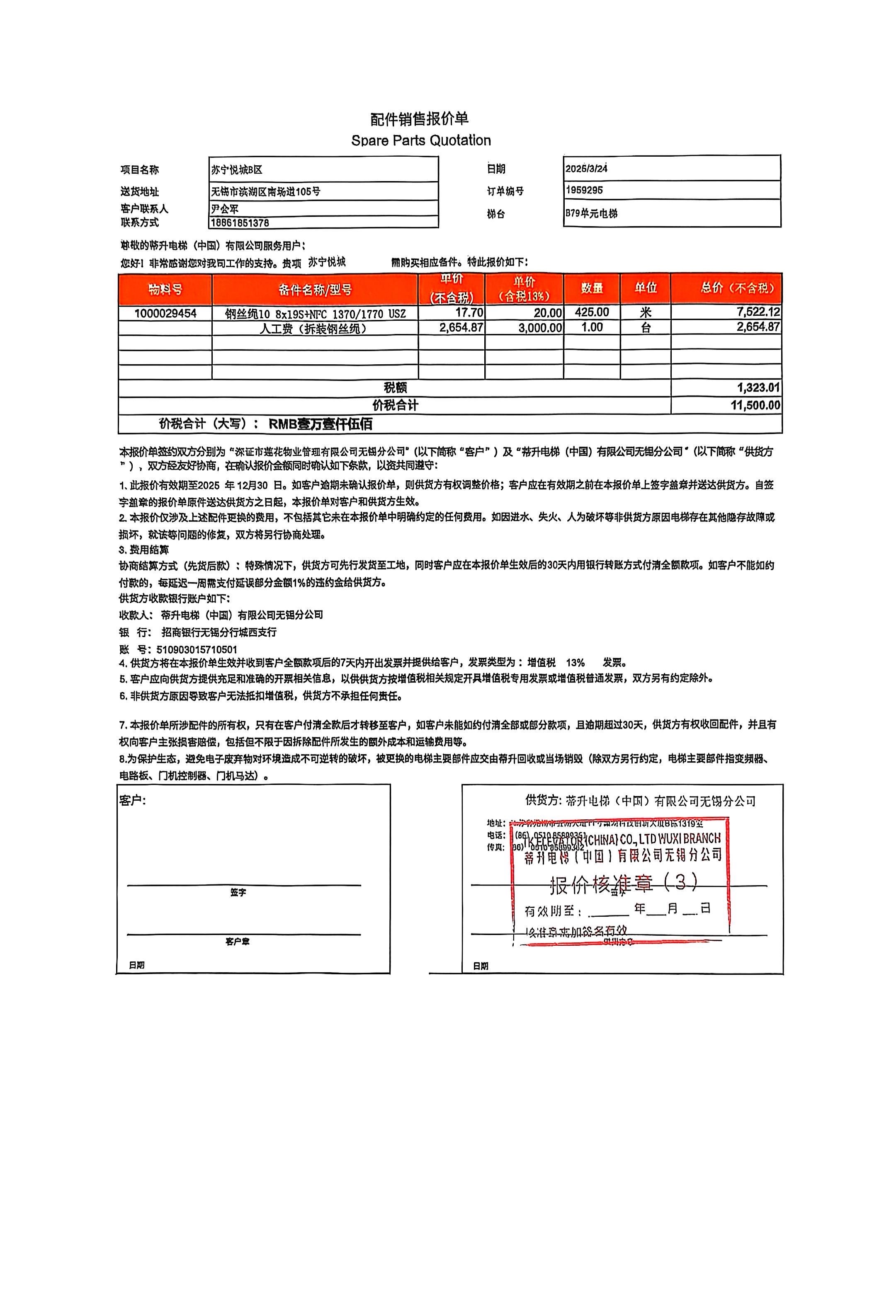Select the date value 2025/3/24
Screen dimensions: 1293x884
[586, 169]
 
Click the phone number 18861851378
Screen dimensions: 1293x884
[240, 223]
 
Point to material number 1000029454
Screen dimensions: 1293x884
[165, 313]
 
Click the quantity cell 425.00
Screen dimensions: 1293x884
[592, 312]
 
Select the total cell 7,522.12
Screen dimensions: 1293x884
[758, 312]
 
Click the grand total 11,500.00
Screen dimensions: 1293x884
[755, 405]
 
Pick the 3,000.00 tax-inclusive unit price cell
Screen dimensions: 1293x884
[540, 328]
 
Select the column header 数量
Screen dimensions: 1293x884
[592, 288]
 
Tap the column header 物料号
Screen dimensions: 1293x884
[165, 289]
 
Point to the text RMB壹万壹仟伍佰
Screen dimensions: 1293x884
[321, 424]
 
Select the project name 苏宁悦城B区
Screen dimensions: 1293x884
[237, 169]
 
